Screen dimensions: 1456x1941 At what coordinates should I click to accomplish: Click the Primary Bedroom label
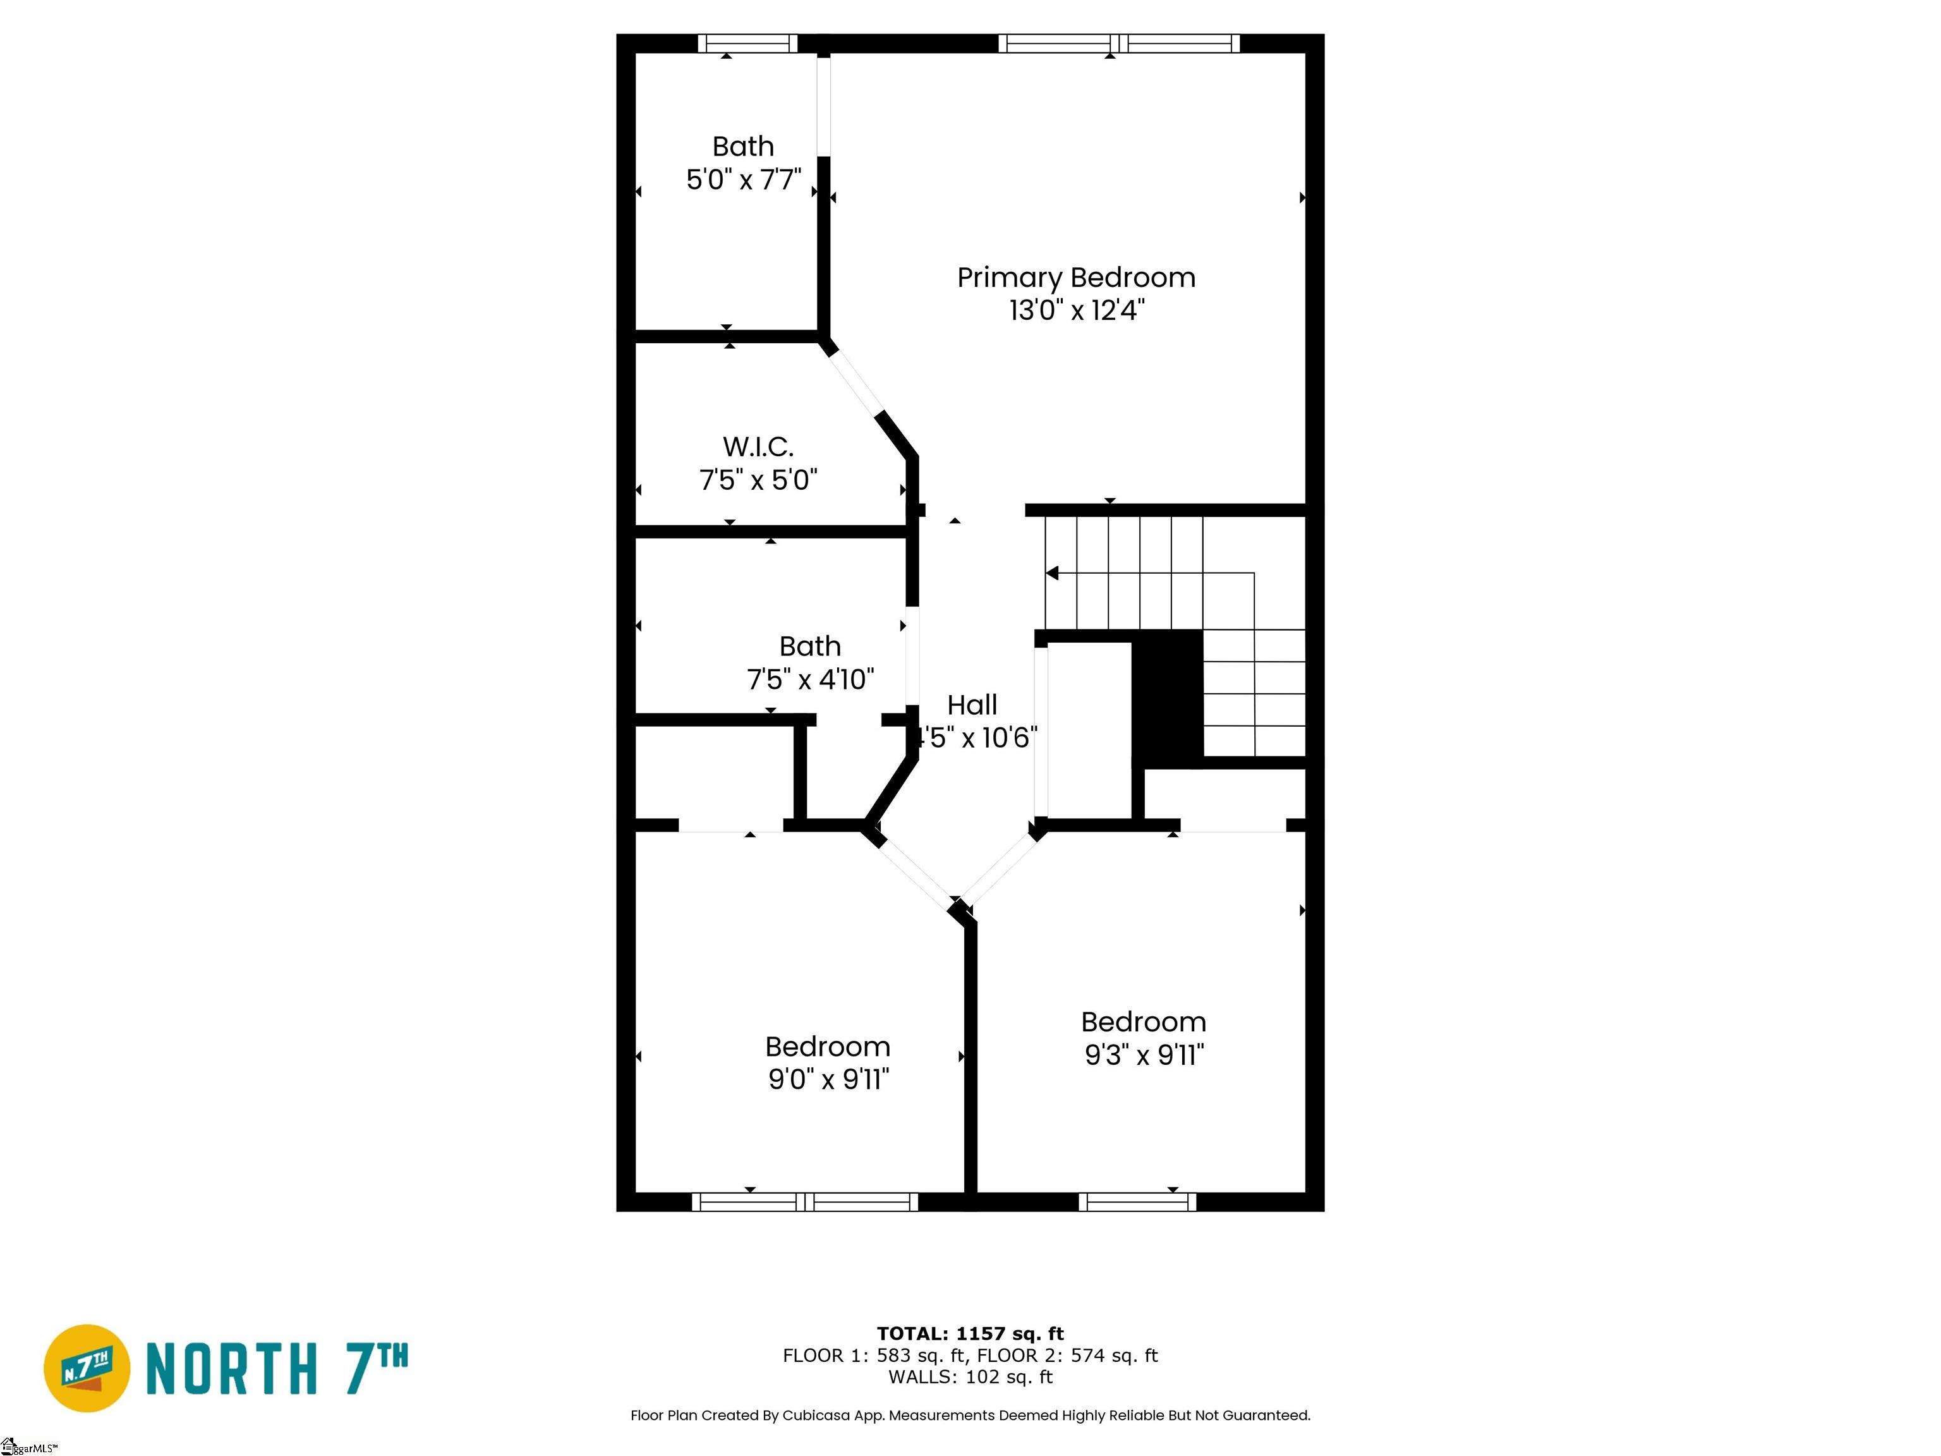point(1076,277)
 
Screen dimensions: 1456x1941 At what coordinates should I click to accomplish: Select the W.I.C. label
point(758,447)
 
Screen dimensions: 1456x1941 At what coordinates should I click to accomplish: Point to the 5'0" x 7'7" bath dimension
point(743,180)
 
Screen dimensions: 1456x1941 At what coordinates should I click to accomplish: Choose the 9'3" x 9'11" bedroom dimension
point(1144,1054)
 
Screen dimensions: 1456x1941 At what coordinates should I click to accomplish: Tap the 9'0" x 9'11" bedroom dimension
point(828,1079)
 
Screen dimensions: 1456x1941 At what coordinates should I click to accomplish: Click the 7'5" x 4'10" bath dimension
point(810,679)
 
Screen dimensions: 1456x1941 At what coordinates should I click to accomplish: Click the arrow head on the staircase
point(1052,573)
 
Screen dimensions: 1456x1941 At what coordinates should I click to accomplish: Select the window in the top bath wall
point(747,43)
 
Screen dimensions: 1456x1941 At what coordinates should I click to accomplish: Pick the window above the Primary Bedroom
point(1119,43)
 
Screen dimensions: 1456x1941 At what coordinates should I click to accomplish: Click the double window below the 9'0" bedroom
point(805,1203)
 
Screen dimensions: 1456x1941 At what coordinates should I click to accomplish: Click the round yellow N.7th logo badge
point(87,1368)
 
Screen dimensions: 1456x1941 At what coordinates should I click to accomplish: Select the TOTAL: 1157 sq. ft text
point(970,1333)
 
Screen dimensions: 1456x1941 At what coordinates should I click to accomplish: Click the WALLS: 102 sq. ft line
point(970,1376)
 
